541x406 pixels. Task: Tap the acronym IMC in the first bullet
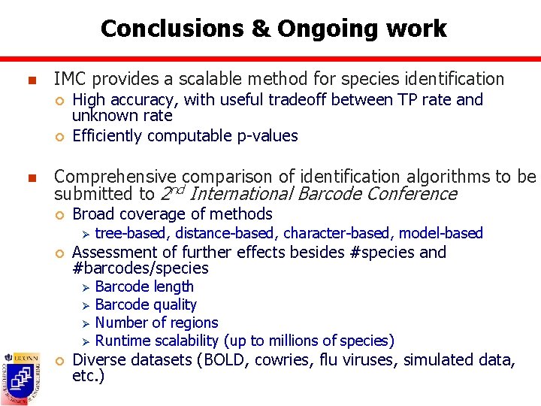click(x=71, y=79)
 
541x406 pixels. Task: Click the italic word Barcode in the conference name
click(x=332, y=194)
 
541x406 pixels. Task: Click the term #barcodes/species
click(x=141, y=268)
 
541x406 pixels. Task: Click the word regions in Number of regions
click(x=192, y=323)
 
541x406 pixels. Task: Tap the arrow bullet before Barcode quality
click(x=85, y=305)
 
